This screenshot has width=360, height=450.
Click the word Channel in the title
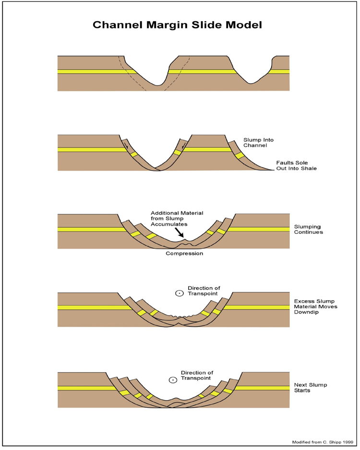click(117, 24)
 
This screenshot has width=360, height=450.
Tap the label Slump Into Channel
click(258, 143)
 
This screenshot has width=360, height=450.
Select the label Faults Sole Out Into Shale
click(296, 166)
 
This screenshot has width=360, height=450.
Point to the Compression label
click(184, 254)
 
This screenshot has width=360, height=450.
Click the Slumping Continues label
click(308, 229)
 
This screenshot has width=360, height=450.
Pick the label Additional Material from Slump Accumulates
click(177, 219)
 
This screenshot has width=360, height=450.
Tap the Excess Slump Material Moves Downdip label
click(315, 306)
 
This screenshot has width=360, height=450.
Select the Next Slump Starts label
click(311, 388)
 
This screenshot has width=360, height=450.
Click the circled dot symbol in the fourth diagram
click(180, 293)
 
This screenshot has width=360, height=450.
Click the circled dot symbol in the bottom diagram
click(173, 380)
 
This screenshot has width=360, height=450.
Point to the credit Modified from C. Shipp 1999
click(323, 442)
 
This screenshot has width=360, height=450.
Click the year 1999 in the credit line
click(348, 442)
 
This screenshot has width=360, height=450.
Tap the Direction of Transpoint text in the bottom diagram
click(197, 376)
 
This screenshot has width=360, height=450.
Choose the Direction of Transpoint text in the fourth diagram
click(204, 291)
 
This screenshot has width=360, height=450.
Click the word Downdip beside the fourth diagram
click(306, 312)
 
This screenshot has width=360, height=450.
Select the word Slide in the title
click(207, 24)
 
